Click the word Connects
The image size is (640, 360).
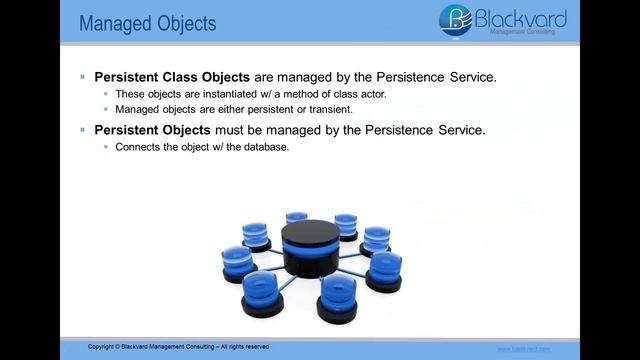pos(135,147)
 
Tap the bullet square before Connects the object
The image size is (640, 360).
pos(105,147)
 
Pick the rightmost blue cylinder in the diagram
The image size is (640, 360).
pos(385,268)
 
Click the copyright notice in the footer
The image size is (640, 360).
pos(178,347)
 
